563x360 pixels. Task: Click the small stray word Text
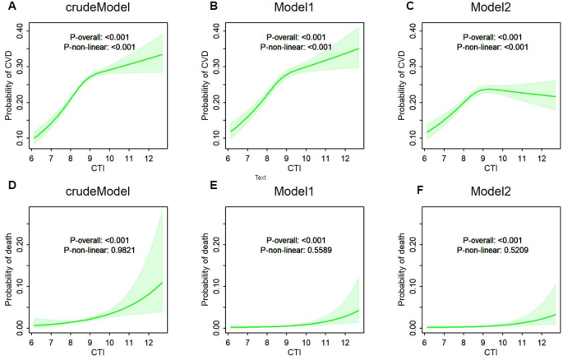(x=261, y=176)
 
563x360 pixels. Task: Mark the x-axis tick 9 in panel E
(x=286, y=336)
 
